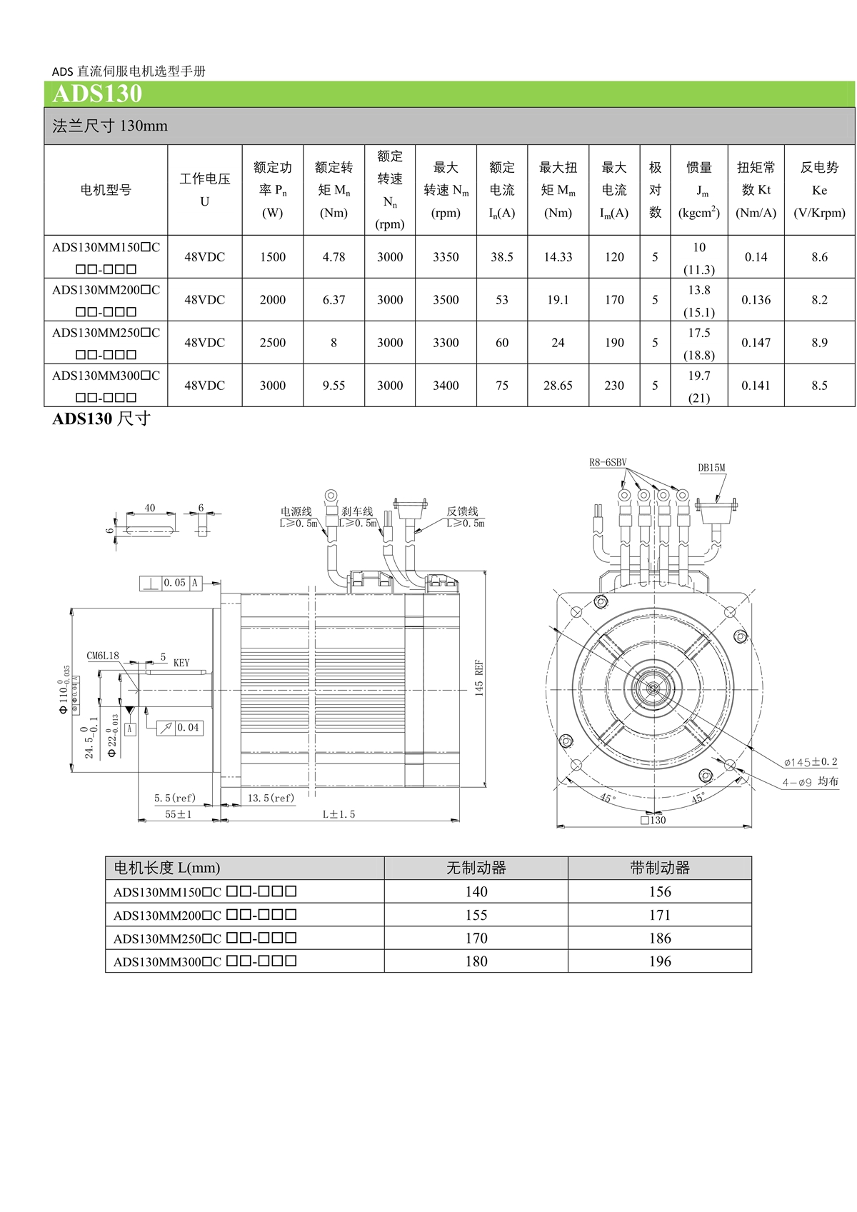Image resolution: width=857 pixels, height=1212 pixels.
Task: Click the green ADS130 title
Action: (97, 94)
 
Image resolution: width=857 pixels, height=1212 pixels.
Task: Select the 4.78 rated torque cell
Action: (334, 257)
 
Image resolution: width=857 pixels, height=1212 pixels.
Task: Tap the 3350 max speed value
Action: (446, 257)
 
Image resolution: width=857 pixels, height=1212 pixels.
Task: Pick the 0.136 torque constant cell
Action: (756, 300)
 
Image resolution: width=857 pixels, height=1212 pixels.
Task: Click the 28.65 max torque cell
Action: (558, 386)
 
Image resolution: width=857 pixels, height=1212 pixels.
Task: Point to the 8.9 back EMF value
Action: (819, 343)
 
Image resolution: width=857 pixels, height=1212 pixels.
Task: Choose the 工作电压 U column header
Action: (205, 190)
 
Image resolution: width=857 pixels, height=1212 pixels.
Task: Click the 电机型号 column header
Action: (106, 190)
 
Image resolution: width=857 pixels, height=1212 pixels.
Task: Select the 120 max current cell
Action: (614, 257)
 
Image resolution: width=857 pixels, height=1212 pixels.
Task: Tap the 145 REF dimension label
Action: (479, 678)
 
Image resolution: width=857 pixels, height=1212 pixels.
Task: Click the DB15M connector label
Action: (711, 469)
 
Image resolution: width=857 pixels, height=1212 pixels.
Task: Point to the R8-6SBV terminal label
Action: (608, 463)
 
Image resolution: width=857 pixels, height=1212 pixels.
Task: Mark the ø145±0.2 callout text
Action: (810, 762)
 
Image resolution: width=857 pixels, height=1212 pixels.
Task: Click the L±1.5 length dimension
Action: (339, 814)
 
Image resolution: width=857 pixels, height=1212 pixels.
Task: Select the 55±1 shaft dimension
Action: (178, 814)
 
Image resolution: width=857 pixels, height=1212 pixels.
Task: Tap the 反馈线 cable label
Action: (462, 511)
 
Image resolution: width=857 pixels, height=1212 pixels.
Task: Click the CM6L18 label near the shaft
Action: (103, 656)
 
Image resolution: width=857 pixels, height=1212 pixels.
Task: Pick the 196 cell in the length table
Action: (660, 961)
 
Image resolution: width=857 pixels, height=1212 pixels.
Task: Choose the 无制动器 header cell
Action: (476, 868)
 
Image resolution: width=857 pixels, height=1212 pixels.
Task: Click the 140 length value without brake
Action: (476, 891)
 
